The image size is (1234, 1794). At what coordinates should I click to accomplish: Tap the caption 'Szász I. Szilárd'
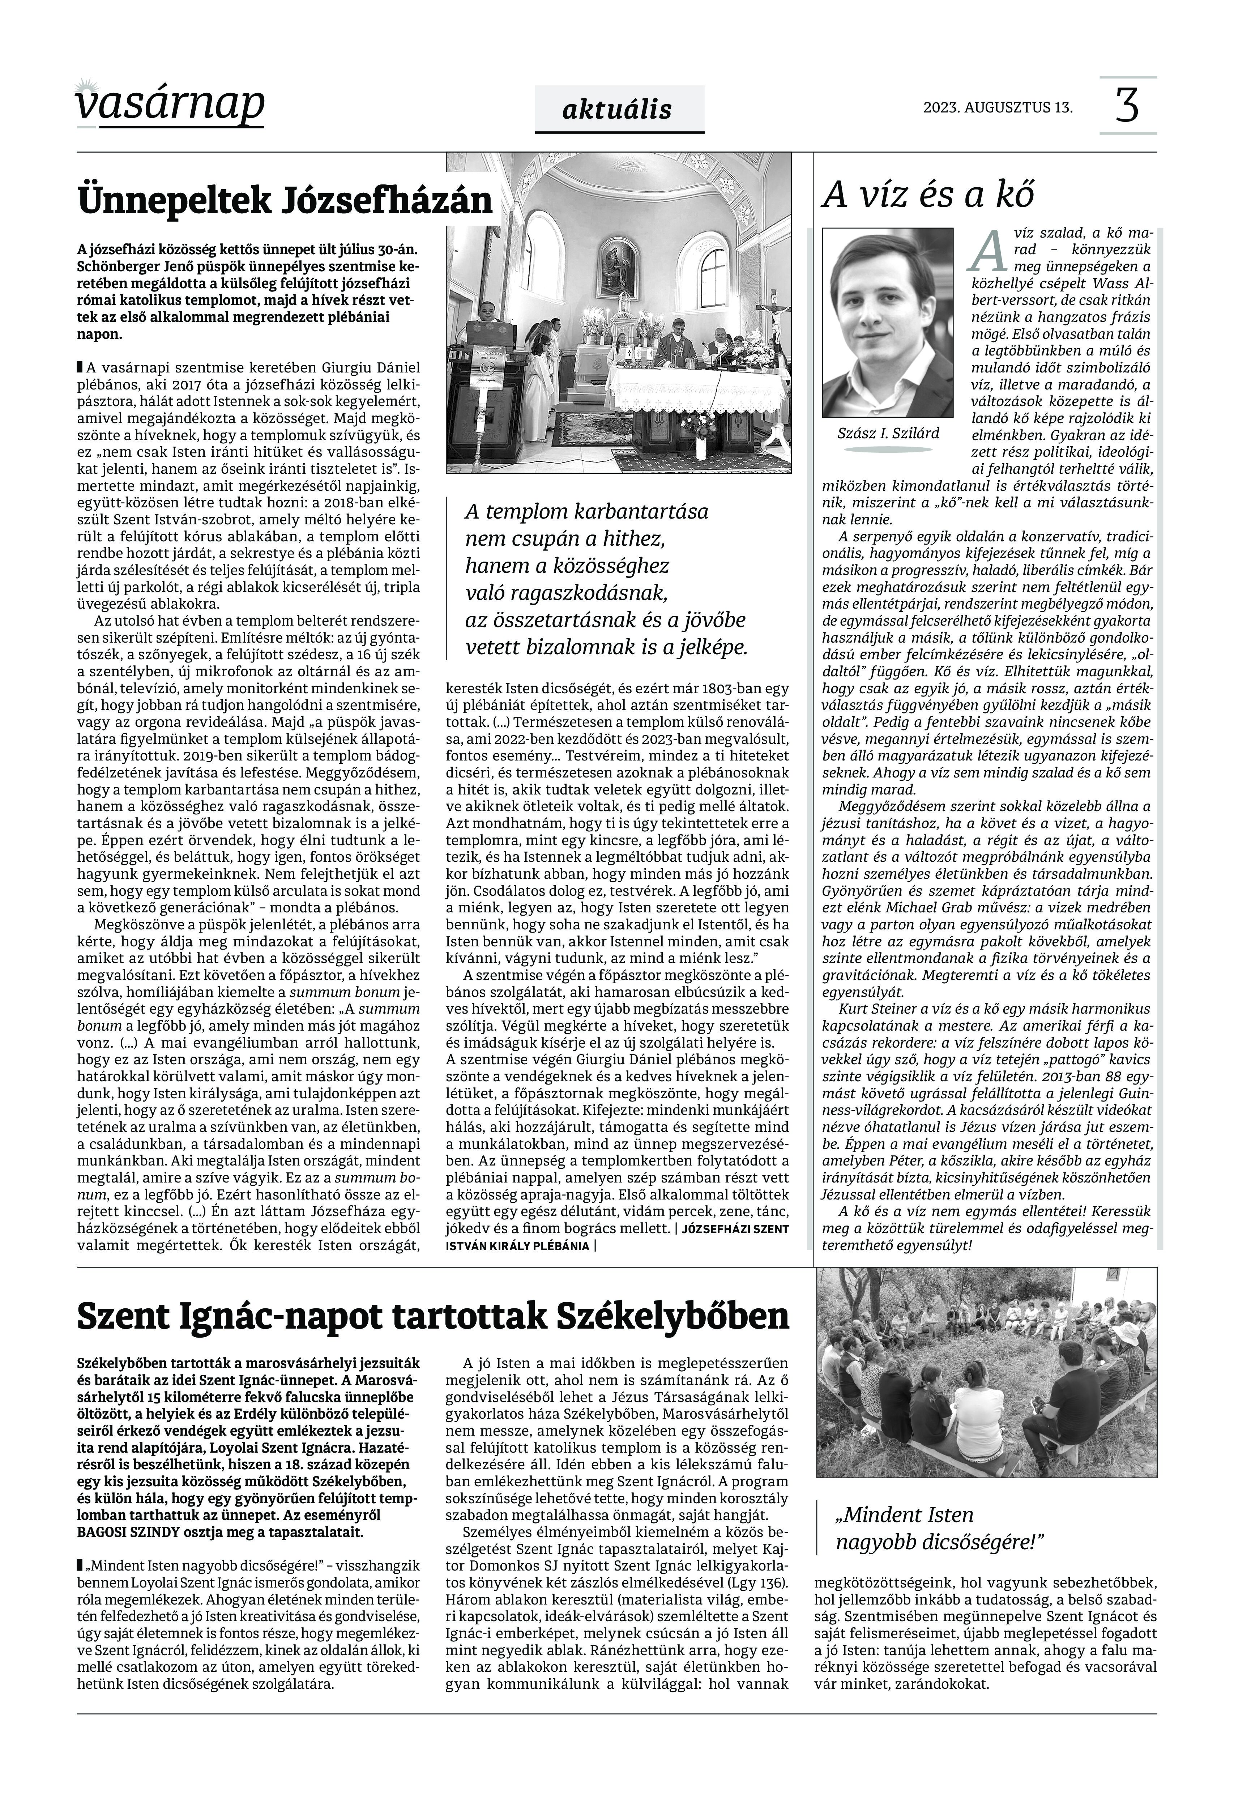tap(888, 433)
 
